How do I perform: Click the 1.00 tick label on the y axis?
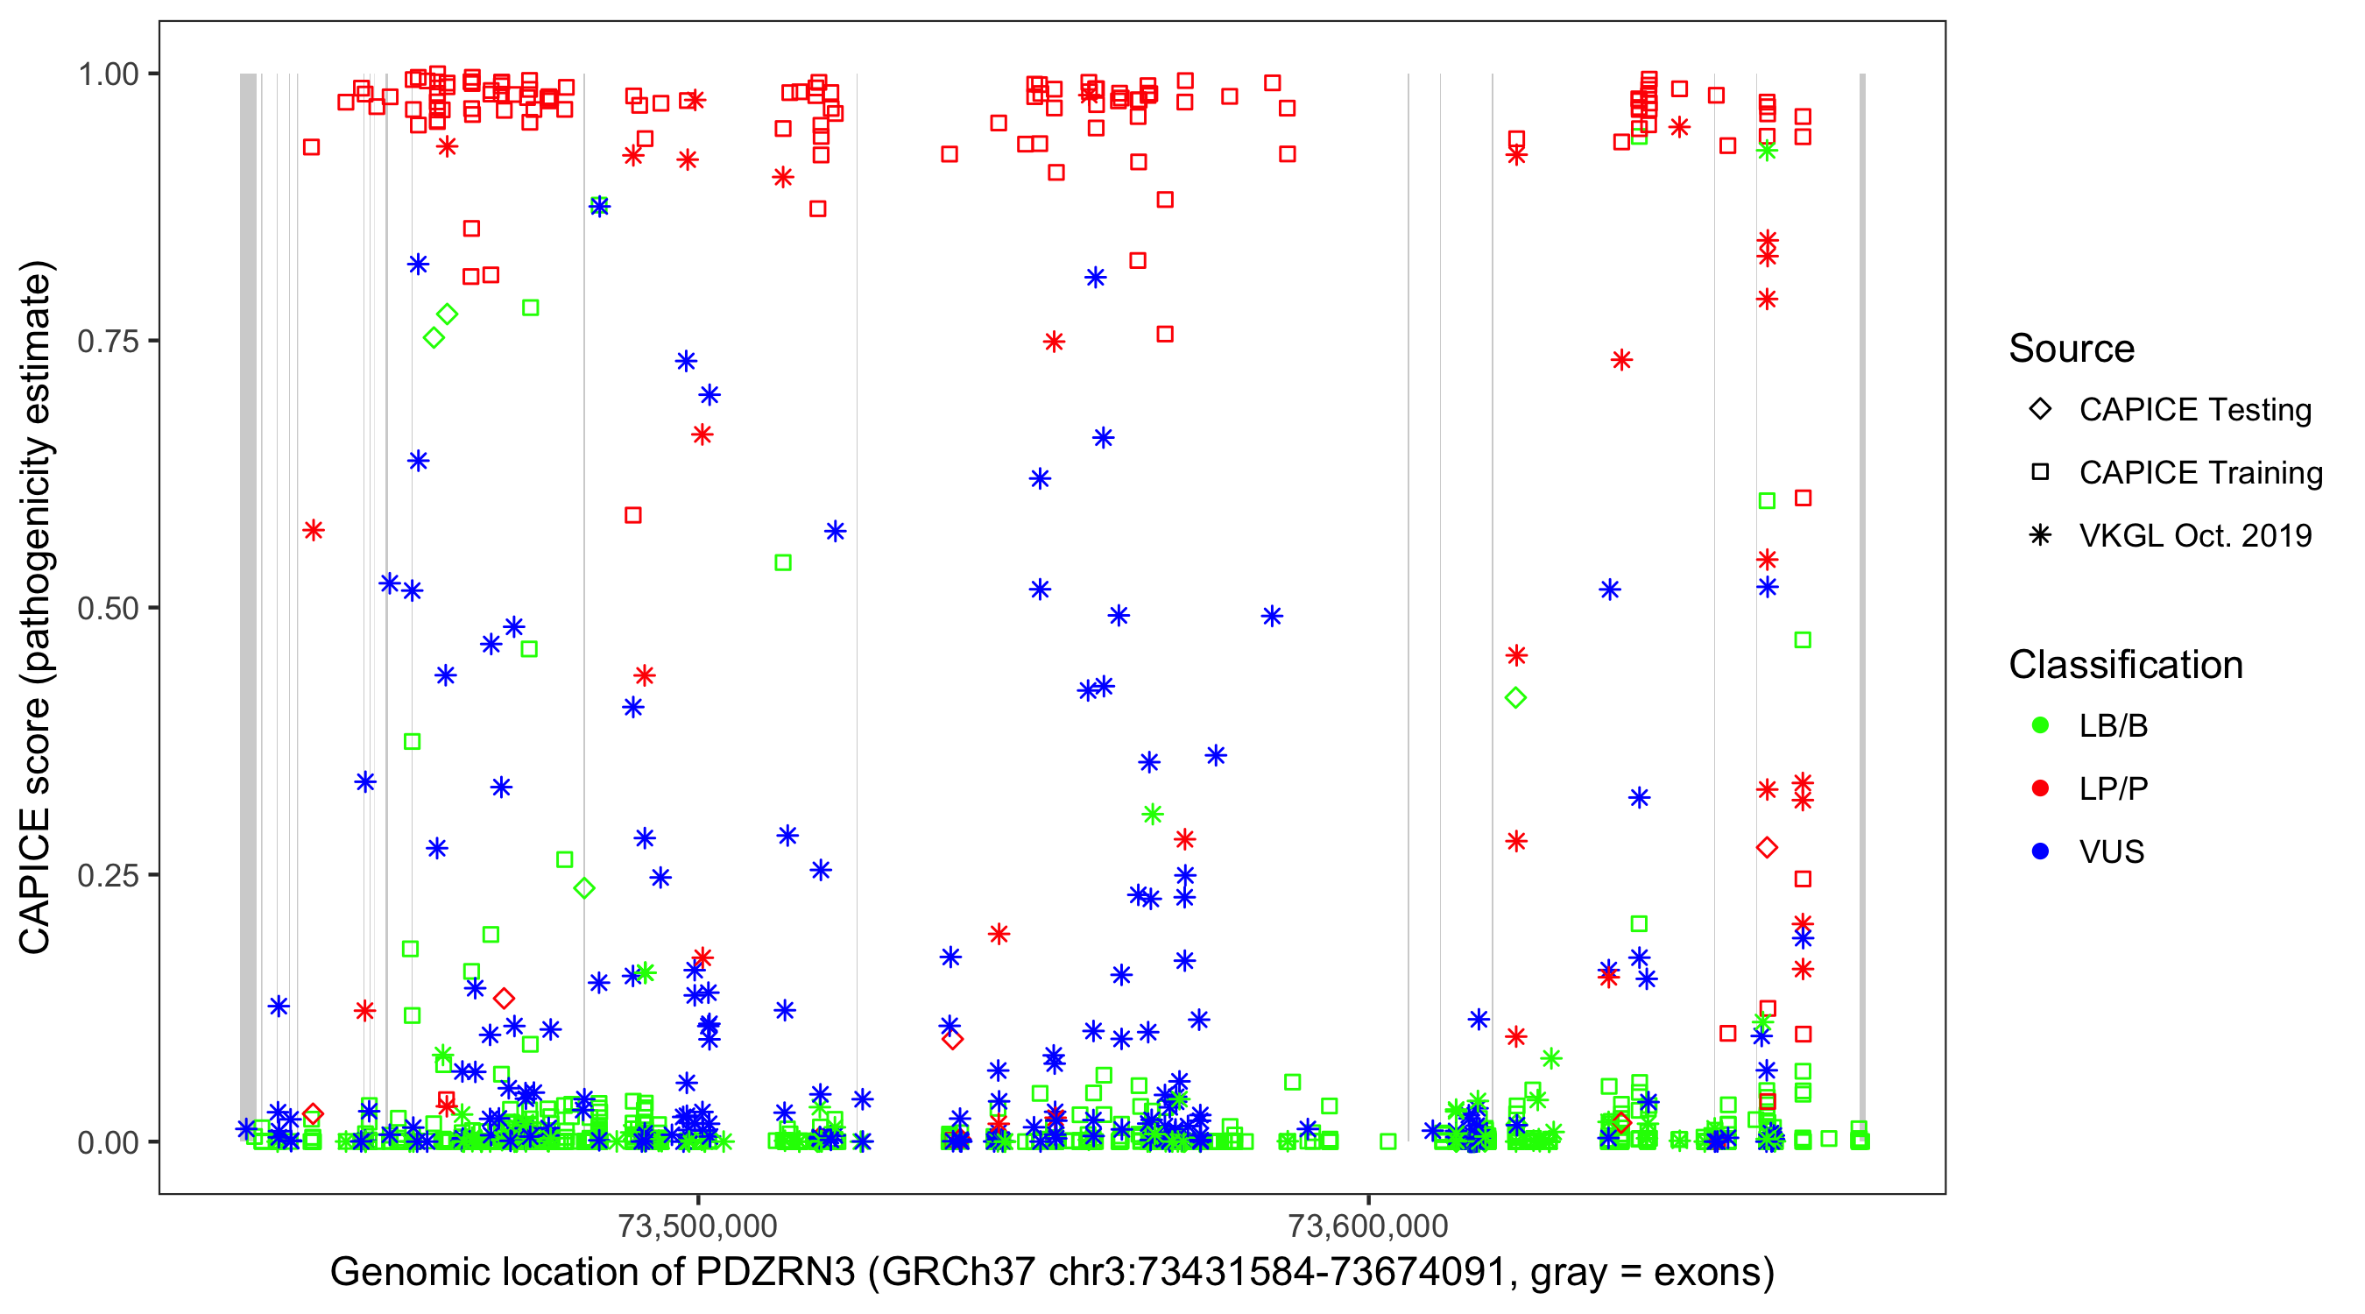pos(107,74)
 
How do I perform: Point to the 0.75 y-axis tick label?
pos(107,342)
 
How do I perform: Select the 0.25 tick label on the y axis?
pos(107,875)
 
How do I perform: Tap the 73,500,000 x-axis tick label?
pos(698,1226)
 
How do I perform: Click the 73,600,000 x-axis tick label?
pos(1368,1226)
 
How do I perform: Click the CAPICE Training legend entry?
pos(2199,473)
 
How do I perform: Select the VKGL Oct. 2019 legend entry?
pos(2194,535)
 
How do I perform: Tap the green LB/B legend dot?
pos(2040,725)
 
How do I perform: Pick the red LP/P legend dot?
pos(2040,788)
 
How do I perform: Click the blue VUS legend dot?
pos(2040,851)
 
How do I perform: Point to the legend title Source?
pos(2072,349)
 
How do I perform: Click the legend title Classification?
pos(2125,665)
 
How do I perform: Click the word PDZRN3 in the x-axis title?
pos(775,1273)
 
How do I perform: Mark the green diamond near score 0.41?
pos(1515,698)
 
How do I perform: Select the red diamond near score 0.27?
pos(1767,848)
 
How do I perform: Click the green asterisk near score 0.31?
pos(1152,815)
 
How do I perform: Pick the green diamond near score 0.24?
pos(584,888)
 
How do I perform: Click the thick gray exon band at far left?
pos(248,606)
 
